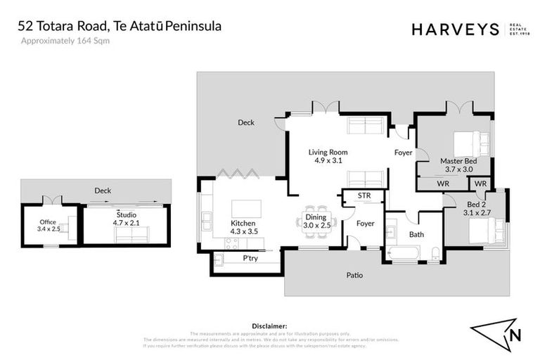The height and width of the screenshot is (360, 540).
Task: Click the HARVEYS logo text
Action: pyautogui.click(x=455, y=29)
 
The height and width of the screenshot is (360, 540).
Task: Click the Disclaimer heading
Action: pyautogui.click(x=269, y=326)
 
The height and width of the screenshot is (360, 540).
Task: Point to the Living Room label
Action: pyautogui.click(x=328, y=152)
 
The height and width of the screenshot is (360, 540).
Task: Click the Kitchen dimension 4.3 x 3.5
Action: pyautogui.click(x=244, y=231)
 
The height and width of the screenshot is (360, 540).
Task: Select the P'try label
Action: pyautogui.click(x=250, y=258)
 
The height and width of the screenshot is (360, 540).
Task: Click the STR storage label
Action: pyautogui.click(x=364, y=195)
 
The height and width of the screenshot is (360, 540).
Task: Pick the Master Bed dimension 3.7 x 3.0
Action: pyautogui.click(x=456, y=169)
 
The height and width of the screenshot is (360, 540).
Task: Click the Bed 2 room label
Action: pyautogui.click(x=456, y=204)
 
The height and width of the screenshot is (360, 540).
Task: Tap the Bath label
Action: pyautogui.click(x=417, y=234)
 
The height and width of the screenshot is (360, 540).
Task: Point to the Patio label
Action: pyautogui.click(x=355, y=275)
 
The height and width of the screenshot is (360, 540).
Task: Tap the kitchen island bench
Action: pyautogui.click(x=246, y=209)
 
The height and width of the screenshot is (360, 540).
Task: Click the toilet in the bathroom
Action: pyautogui.click(x=435, y=253)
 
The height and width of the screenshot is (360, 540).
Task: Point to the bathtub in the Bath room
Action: pyautogui.click(x=404, y=253)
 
